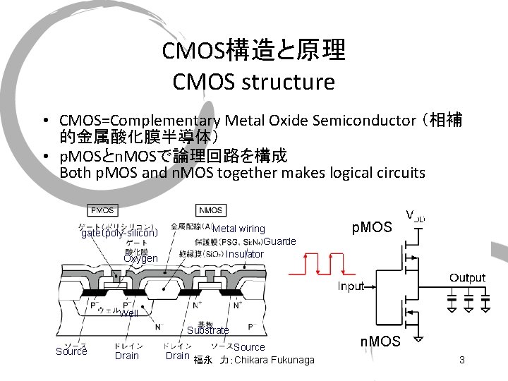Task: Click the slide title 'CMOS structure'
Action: pos(253,83)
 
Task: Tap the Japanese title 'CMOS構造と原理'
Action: pos(253,51)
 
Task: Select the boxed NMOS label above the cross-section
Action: pos(210,210)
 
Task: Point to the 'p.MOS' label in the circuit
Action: pos(371,227)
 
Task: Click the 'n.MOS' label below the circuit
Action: pos(380,342)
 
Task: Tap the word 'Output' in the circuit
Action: pos(468,277)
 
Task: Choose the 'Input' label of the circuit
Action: pos(351,286)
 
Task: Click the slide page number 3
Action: pos(461,361)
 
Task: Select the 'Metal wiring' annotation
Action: pos(238,229)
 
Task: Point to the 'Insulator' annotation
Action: pos(245,254)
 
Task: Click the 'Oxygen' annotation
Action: pos(140,258)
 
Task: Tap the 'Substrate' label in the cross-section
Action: pos(208,330)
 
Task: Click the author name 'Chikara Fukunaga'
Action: pos(274,361)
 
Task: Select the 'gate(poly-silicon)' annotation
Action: pos(119,233)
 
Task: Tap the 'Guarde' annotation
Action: pos(279,241)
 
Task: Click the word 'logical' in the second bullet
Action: pos(335,173)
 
